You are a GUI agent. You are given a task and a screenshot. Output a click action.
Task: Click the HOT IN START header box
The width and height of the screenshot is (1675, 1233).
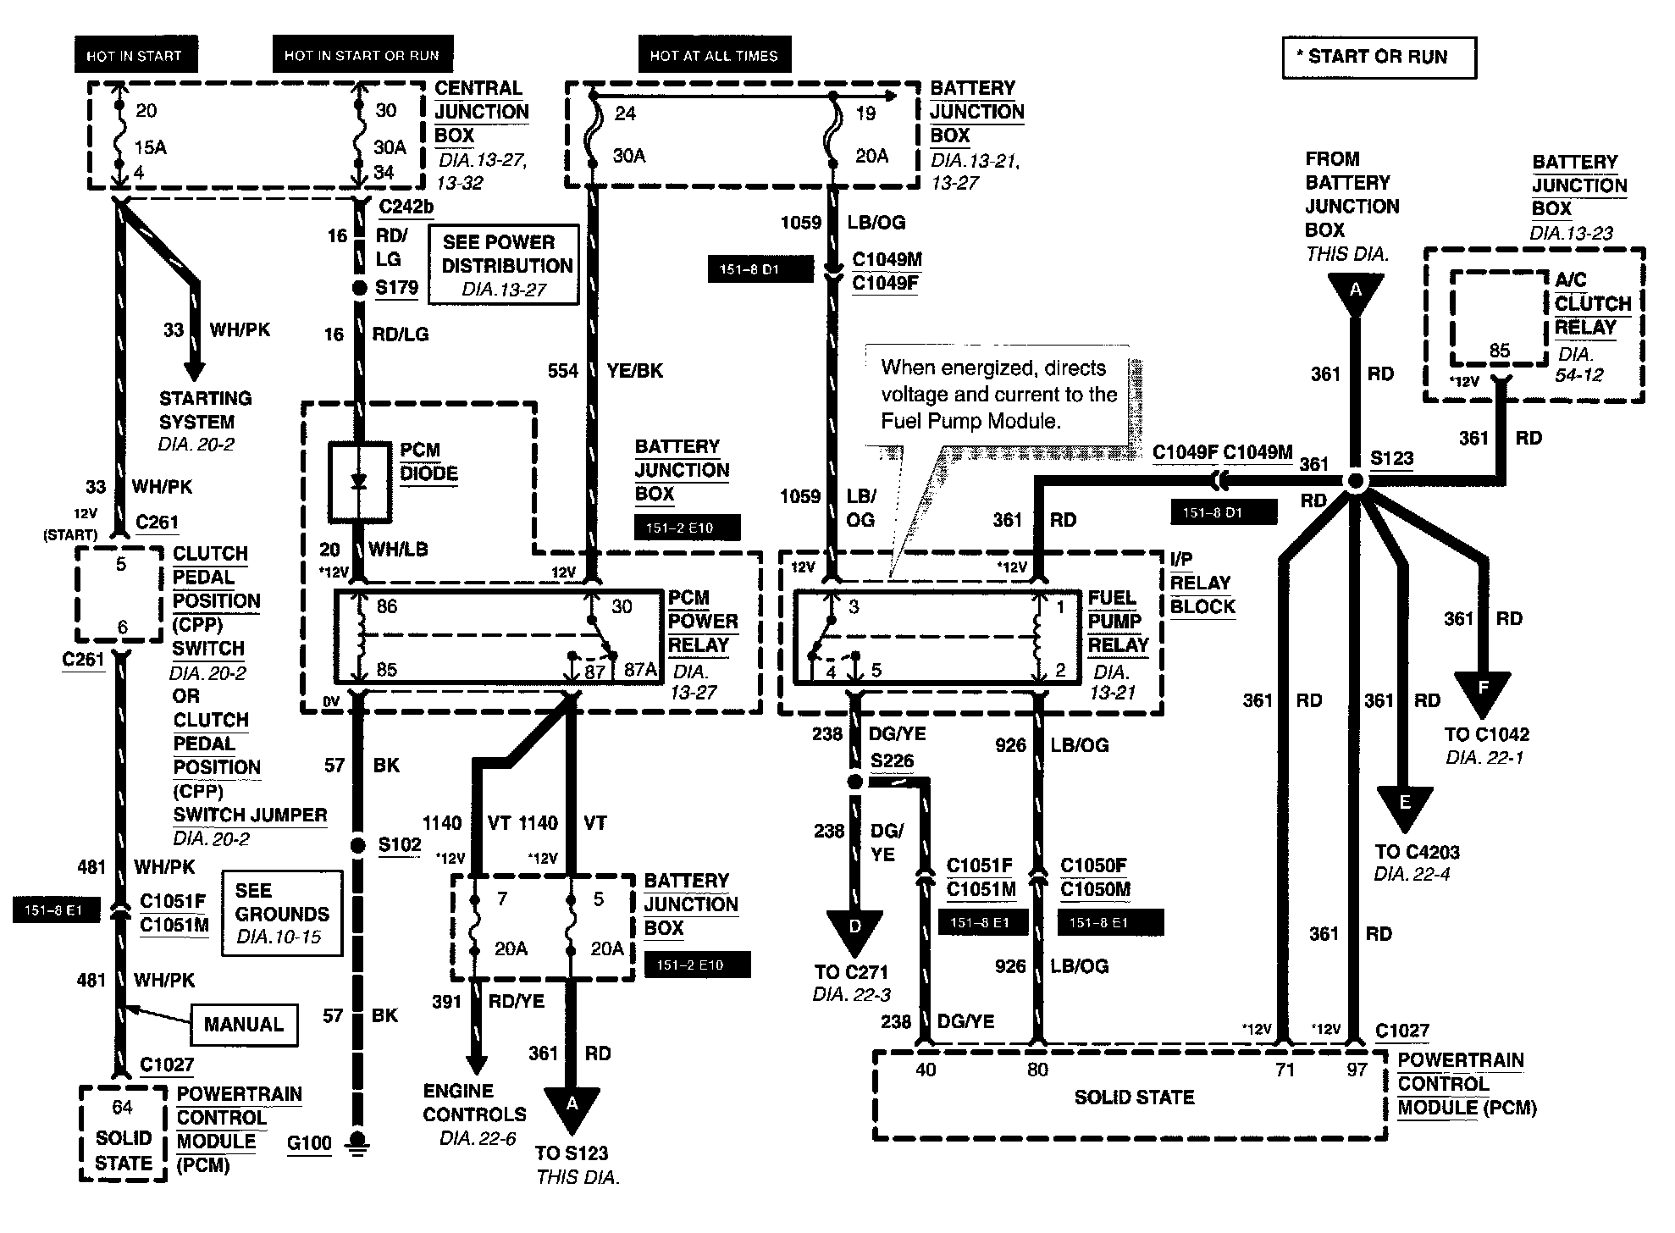[136, 55]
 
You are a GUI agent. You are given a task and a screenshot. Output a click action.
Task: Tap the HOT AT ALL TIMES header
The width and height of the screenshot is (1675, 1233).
[714, 55]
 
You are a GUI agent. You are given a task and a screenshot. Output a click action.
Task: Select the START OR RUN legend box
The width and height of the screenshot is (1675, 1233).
[1379, 58]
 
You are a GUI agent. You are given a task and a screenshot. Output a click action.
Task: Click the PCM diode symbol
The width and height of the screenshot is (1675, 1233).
[359, 481]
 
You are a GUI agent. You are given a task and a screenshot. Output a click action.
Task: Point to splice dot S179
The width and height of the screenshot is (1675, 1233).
[359, 288]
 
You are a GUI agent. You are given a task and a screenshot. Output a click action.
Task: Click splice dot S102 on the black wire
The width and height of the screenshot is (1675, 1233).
[358, 845]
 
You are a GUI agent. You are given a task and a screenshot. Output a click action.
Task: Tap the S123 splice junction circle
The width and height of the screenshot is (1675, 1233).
[1355, 481]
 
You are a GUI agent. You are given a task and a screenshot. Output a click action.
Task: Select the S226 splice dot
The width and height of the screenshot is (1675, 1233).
[855, 781]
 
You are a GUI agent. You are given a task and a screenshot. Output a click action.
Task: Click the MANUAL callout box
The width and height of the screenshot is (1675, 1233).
[244, 1025]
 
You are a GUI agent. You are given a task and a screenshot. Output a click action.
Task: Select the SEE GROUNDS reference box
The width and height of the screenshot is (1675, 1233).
[282, 914]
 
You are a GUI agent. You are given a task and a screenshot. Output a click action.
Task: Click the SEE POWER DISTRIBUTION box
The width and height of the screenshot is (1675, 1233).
[505, 264]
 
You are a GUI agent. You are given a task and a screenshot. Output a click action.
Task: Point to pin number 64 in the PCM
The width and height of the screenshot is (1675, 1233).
[122, 1107]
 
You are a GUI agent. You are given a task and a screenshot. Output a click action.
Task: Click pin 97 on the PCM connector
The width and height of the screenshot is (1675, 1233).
[1357, 1070]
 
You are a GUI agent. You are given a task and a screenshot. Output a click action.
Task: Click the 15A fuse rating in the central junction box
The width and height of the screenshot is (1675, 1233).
[151, 147]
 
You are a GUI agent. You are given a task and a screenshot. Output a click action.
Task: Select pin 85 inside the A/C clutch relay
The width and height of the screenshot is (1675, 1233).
[1500, 351]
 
